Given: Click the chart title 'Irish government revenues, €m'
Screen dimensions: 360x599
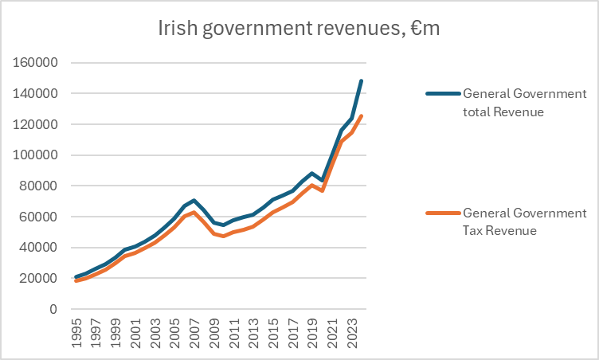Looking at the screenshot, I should [299, 29].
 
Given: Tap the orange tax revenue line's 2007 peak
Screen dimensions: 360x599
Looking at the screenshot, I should [194, 212].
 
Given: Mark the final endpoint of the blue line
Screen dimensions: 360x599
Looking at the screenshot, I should [361, 80].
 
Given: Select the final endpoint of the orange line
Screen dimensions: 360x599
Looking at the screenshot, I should [361, 116].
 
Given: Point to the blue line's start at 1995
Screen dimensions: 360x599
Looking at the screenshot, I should [76, 277].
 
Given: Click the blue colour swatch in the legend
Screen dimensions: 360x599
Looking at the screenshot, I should [441, 93].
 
